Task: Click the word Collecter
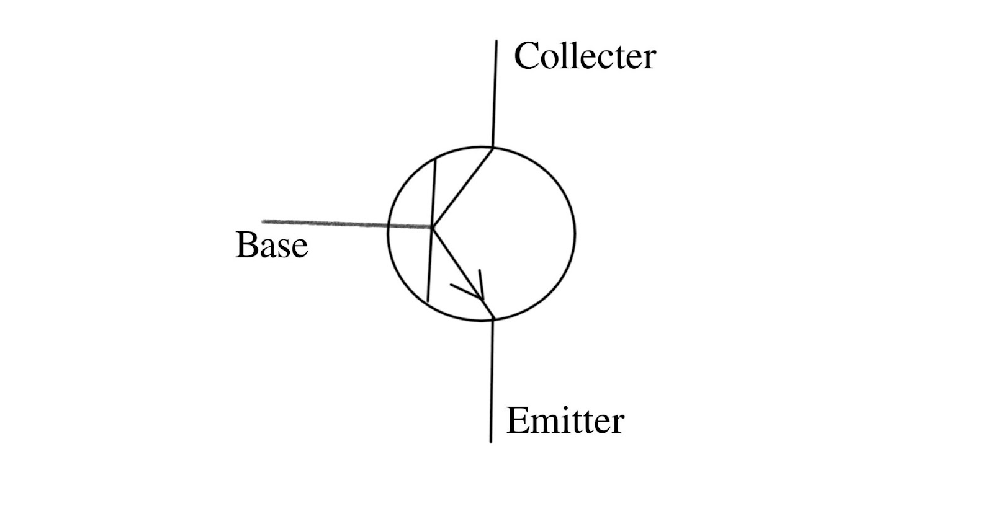[x=585, y=56]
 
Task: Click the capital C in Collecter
[x=526, y=56]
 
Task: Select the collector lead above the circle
[x=495, y=93]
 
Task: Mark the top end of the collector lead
[x=496, y=42]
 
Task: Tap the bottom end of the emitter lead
[x=491, y=442]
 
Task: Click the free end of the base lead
[x=263, y=221]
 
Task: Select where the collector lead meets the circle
[x=493, y=148]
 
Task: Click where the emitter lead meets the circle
[x=493, y=319]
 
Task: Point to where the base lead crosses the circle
[x=389, y=226]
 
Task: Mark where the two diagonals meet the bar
[x=431, y=228]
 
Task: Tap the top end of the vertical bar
[x=435, y=159]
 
